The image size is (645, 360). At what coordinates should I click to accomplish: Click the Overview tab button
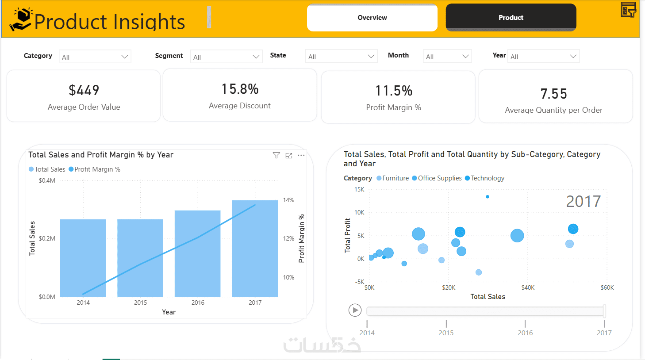[372, 18]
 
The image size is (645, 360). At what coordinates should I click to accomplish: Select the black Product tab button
[511, 18]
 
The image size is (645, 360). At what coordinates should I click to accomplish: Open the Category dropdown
[95, 57]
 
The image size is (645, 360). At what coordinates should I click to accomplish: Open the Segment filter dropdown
[227, 57]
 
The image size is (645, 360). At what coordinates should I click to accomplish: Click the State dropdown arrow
[371, 57]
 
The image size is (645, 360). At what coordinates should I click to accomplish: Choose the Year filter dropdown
[543, 57]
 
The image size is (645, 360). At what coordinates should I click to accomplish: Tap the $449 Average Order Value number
[84, 90]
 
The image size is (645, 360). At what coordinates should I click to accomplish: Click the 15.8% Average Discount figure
[240, 89]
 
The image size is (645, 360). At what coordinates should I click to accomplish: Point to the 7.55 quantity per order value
[553, 94]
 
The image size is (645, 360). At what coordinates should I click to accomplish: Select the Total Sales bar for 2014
[83, 258]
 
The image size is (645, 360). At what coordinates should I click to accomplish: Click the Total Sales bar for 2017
[255, 249]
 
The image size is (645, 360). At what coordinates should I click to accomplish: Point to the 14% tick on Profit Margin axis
[288, 200]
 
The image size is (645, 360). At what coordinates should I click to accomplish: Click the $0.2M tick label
[46, 238]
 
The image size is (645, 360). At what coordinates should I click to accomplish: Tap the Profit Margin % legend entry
[94, 169]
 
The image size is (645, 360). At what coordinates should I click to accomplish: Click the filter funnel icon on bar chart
[276, 155]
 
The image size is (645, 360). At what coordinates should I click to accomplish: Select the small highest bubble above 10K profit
[488, 197]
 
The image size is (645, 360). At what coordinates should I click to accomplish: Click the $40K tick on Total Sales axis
[528, 287]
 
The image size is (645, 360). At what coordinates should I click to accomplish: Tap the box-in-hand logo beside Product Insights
[21, 19]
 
